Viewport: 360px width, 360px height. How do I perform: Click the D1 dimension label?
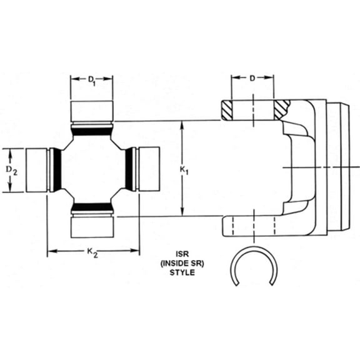coord(91,79)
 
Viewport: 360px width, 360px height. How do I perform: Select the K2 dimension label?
coord(91,252)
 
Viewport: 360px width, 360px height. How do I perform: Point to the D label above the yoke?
coord(252,79)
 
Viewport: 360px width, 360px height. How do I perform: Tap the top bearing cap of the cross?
coord(91,111)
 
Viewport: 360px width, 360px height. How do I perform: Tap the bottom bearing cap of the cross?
coord(91,225)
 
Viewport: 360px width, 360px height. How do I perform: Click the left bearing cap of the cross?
coord(36,169)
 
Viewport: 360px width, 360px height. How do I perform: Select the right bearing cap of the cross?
coord(147,169)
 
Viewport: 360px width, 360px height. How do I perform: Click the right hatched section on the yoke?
coord(281,109)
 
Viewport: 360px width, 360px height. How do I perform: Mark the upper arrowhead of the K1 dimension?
coord(182,126)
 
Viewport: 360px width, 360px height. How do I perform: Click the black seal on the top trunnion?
coord(91,129)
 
